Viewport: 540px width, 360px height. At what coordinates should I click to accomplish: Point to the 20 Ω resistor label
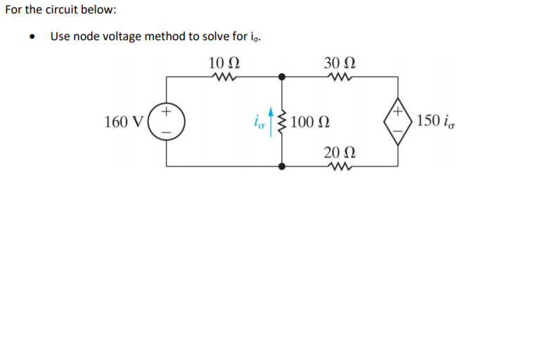(x=340, y=151)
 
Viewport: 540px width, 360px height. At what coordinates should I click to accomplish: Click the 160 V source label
(x=124, y=122)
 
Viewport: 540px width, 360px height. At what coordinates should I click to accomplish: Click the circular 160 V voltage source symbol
(x=167, y=121)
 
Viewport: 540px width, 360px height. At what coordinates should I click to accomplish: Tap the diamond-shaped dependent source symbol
(x=398, y=121)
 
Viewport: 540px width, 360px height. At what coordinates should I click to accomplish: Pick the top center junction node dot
(x=282, y=77)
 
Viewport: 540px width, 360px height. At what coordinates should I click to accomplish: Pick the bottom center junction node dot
(x=282, y=167)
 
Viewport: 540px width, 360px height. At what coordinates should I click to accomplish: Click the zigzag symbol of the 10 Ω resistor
(x=226, y=77)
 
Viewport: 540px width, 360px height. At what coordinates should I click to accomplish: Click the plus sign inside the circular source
(x=167, y=112)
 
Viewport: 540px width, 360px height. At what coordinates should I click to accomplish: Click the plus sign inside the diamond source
(x=398, y=112)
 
